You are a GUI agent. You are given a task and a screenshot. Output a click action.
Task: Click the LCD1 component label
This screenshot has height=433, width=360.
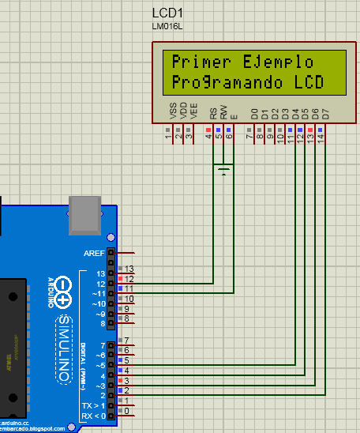pos(167,13)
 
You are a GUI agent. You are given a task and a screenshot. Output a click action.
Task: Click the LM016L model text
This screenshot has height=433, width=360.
pos(167,26)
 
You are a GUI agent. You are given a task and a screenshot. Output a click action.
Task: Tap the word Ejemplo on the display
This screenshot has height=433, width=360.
pos(277,62)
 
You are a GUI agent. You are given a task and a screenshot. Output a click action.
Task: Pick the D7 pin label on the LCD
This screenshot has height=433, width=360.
pos(324,114)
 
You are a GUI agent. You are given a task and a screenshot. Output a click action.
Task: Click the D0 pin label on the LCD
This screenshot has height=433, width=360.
pos(253,114)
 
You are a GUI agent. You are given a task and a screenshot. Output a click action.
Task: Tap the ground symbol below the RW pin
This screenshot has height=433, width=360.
pos(224,169)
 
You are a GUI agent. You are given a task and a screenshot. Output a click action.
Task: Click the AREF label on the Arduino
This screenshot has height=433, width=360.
pos(94,254)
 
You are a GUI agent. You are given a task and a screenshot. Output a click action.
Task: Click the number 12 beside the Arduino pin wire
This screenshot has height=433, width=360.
pos(129,280)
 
